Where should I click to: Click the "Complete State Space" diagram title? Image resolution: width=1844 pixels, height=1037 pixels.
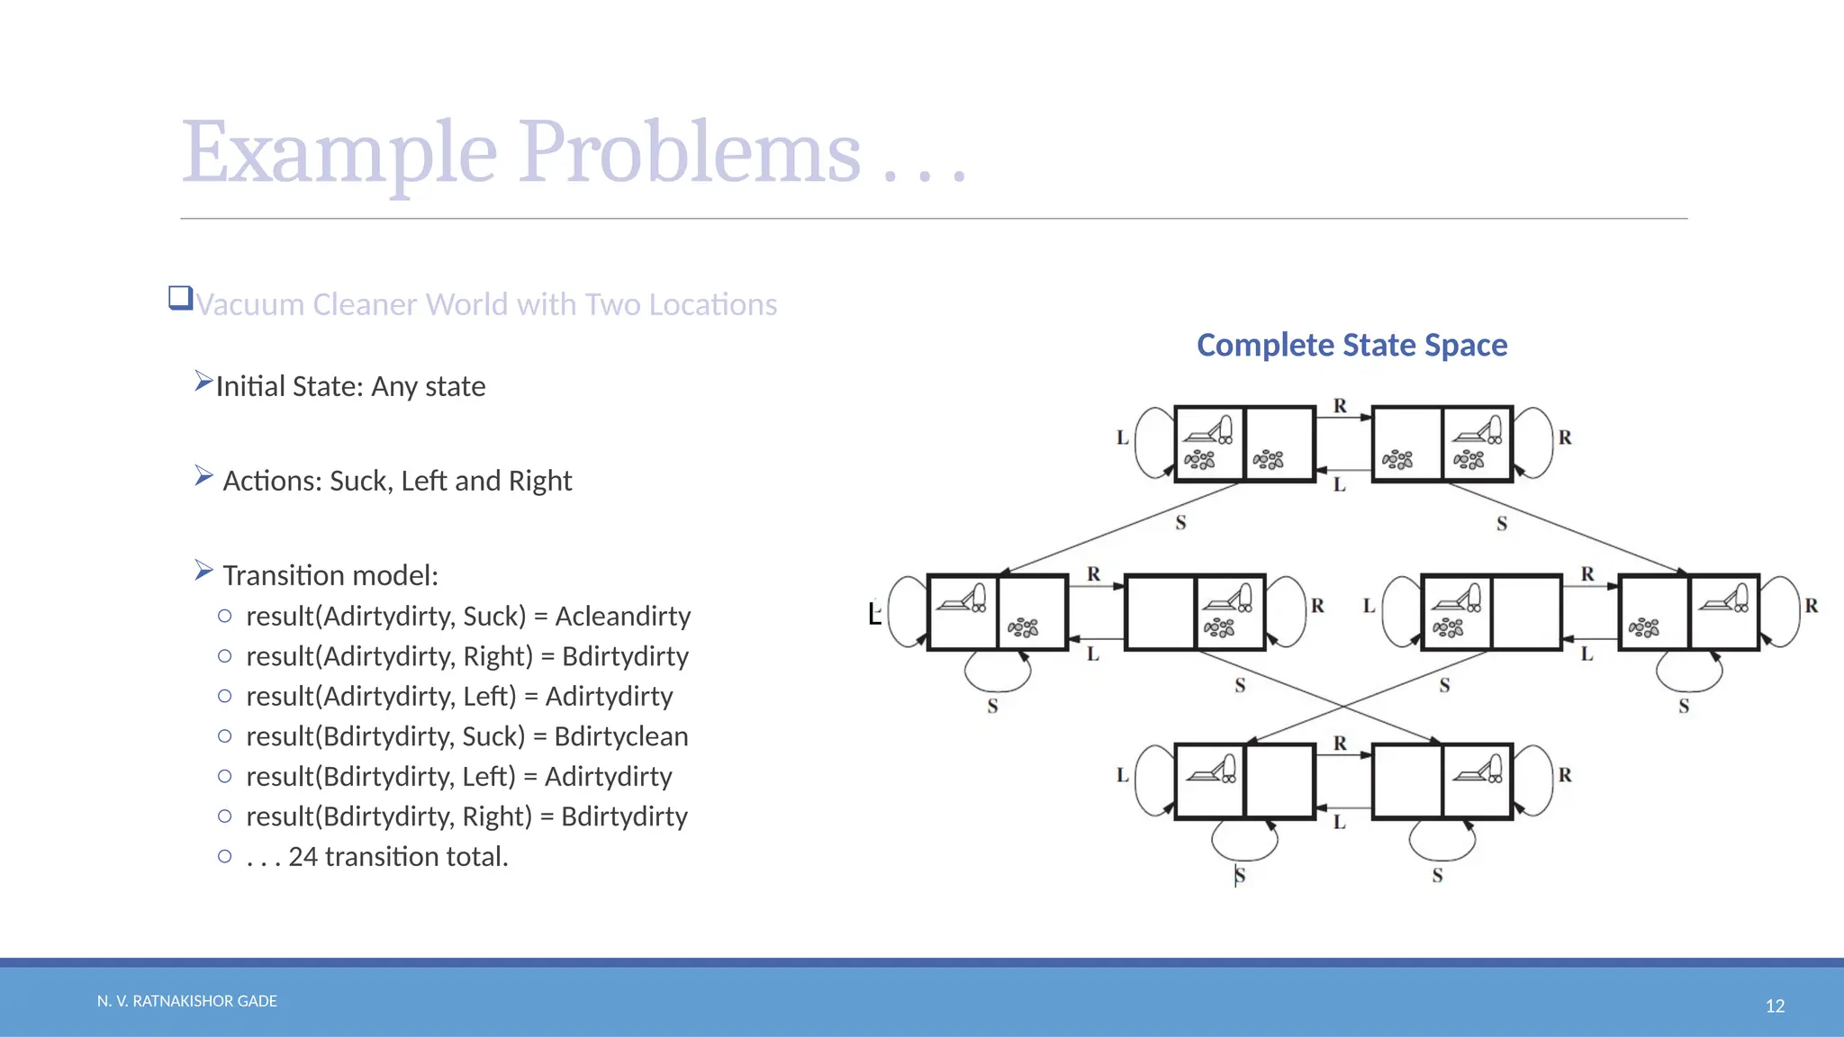(x=1351, y=345)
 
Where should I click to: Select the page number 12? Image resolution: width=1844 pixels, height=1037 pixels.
(x=1775, y=1005)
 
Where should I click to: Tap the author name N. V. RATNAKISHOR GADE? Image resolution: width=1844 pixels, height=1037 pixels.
(x=187, y=1001)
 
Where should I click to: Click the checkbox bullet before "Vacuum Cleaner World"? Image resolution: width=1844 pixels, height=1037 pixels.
(x=180, y=298)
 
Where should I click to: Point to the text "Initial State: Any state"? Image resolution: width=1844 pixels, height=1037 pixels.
(x=350, y=386)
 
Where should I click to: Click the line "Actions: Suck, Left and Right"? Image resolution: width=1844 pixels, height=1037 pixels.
(x=397, y=481)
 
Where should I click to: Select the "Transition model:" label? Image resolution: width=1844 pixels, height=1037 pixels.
(x=330, y=575)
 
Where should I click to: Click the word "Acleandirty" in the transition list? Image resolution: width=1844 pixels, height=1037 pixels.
(x=623, y=616)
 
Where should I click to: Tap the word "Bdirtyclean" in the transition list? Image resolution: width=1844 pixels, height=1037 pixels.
(x=621, y=736)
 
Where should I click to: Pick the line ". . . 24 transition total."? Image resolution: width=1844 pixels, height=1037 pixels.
(x=377, y=856)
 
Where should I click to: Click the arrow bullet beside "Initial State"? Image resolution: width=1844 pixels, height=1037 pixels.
(x=203, y=382)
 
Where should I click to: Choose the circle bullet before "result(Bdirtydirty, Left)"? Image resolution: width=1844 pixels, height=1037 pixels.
(x=225, y=776)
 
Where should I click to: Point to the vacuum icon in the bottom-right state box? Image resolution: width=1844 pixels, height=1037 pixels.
(x=1478, y=769)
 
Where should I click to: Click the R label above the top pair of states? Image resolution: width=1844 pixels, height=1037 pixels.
(x=1341, y=406)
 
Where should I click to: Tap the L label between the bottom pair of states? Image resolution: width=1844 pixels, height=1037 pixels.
(x=1340, y=822)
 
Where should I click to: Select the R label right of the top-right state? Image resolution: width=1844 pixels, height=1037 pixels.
(x=1565, y=437)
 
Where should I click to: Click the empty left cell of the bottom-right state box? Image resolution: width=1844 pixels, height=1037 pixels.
(x=1406, y=780)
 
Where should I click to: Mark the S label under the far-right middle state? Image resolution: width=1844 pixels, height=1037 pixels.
(x=1684, y=707)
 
